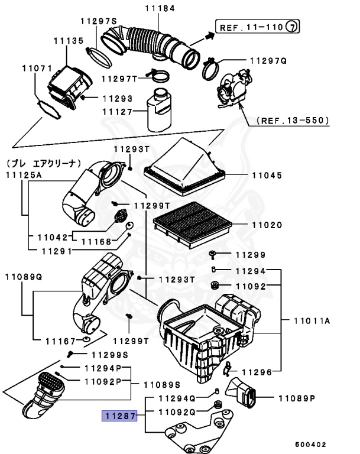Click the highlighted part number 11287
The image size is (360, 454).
119,417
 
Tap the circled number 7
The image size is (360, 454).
293,27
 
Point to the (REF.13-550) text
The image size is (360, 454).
293,121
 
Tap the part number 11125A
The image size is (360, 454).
24,175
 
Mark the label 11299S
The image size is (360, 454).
109,355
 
